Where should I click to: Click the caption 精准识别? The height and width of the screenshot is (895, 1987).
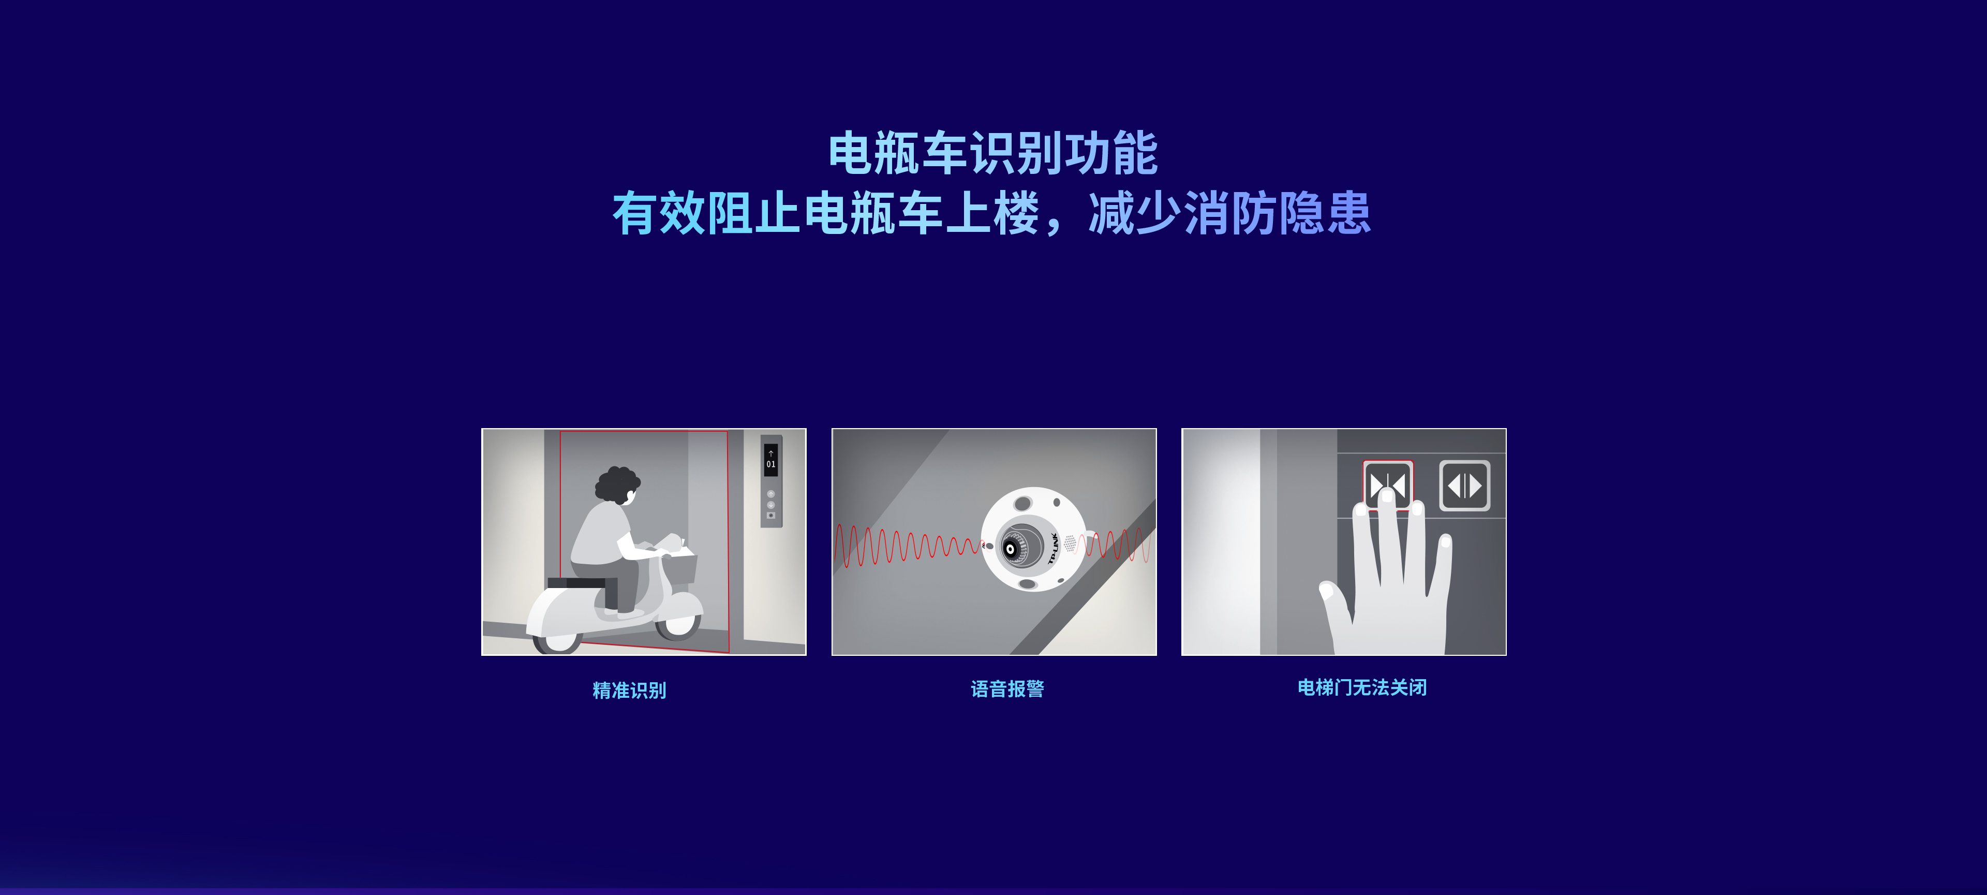pos(629,690)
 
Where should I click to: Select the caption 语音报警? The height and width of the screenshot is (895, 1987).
pos(1007,688)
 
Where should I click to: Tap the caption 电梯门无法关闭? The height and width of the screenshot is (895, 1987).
pos(1362,687)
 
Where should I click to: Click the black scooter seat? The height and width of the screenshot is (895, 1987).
pos(576,582)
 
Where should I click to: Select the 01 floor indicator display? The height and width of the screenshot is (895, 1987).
pos(770,459)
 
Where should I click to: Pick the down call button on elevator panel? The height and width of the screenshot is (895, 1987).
pos(770,505)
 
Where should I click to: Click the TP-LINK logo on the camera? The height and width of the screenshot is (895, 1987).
pos(1053,548)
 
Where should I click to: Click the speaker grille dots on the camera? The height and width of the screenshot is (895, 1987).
pos(1070,543)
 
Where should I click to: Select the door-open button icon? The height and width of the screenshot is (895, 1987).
pos(1465,486)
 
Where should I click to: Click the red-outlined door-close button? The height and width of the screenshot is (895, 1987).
pos(1388,485)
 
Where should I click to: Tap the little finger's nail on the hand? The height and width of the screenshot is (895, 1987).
pos(1446,541)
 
